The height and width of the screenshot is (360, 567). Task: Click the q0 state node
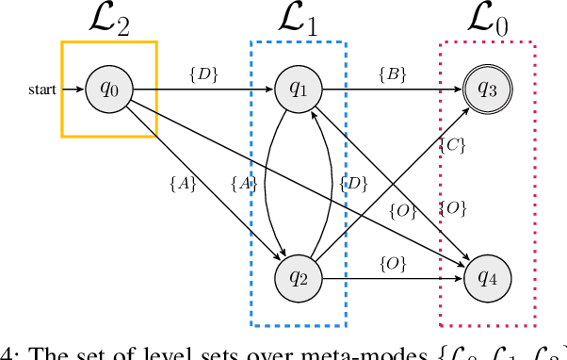pyautogui.click(x=108, y=90)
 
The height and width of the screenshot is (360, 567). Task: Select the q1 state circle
pyautogui.click(x=298, y=90)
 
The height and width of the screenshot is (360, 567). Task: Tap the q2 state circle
pyautogui.click(x=298, y=277)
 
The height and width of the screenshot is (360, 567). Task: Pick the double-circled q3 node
pyautogui.click(x=487, y=90)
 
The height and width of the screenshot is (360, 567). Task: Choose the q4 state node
pyautogui.click(x=487, y=277)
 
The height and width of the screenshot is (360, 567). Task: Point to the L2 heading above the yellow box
pyautogui.click(x=107, y=20)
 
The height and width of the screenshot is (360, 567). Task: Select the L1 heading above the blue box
pyautogui.click(x=298, y=20)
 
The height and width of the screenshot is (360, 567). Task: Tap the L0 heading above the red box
pyautogui.click(x=487, y=20)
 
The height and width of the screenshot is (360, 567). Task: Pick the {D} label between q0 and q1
pyautogui.click(x=202, y=74)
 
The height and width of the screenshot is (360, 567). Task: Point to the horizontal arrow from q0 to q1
pyautogui.click(x=202, y=90)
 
